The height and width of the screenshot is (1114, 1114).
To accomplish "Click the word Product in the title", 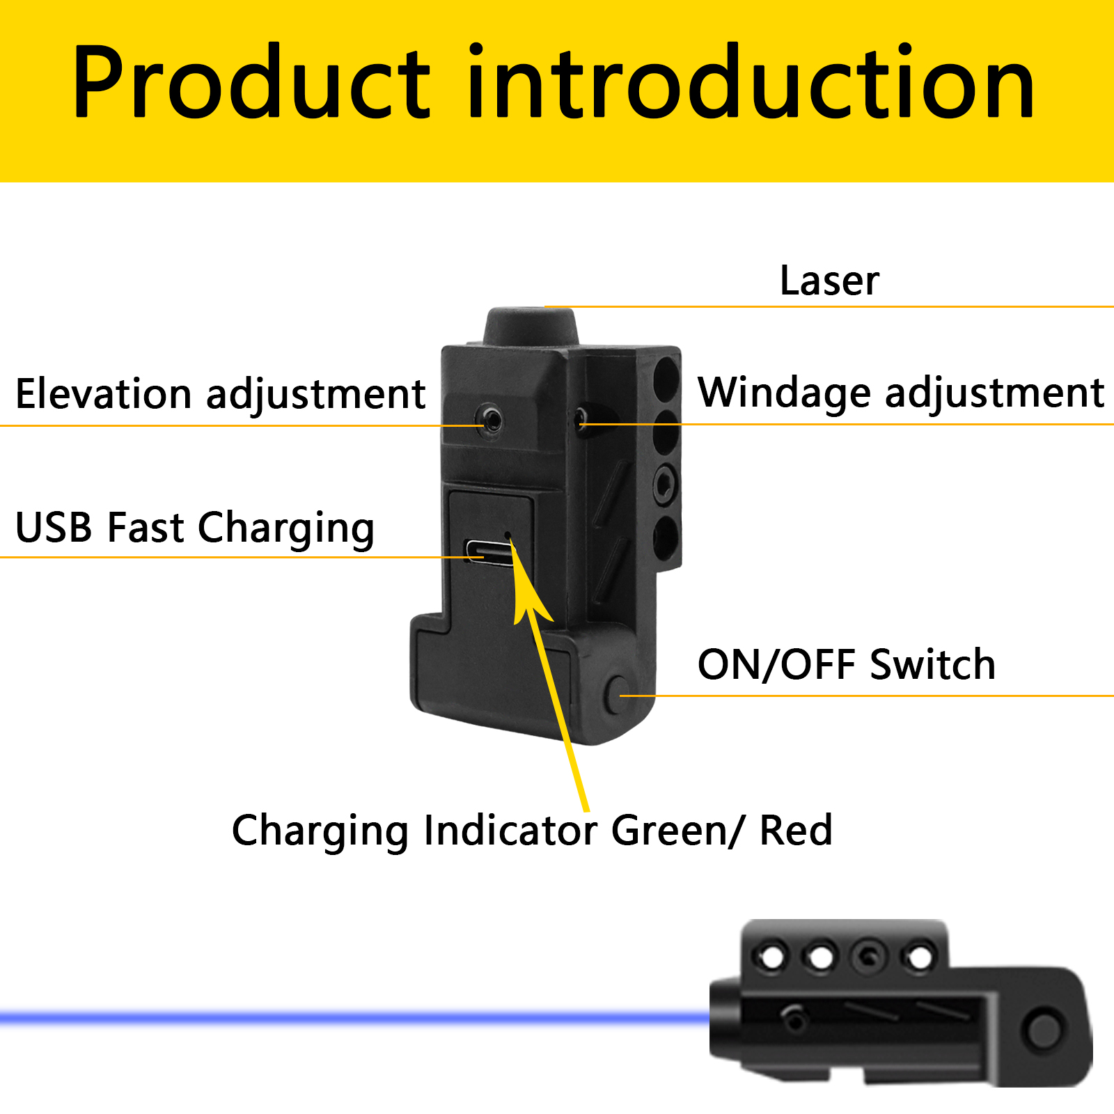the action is (x=252, y=81).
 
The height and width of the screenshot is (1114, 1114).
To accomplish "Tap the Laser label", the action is (x=829, y=281).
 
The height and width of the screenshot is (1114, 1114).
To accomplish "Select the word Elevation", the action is (x=104, y=394).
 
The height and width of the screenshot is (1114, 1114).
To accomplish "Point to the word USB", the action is (x=54, y=527).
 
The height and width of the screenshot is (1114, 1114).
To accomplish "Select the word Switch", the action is (x=933, y=664).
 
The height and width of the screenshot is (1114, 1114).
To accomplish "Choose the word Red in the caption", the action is (x=795, y=830).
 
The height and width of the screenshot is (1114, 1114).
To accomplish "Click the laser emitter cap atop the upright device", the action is (x=531, y=325).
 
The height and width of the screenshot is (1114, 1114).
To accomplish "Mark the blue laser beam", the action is (x=355, y=1018).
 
